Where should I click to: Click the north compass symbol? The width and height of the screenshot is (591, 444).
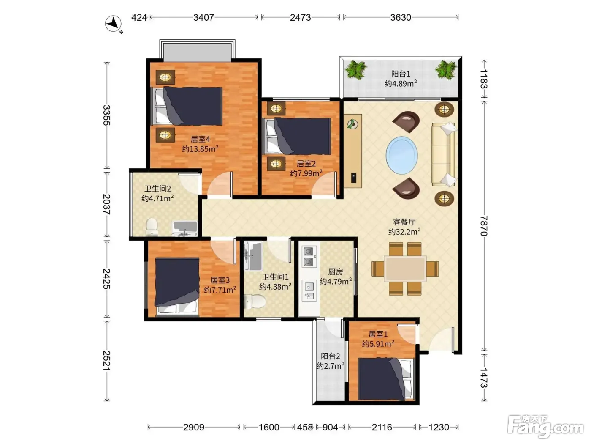pos(114,24)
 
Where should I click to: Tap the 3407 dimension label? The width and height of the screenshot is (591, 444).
pos(203,17)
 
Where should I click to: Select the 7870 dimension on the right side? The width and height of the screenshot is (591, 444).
pos(484,226)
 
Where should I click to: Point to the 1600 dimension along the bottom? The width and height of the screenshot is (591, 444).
pos(269,427)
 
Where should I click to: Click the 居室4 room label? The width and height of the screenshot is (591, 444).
pos(200,139)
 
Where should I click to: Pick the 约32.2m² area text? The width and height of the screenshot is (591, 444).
pos(404,232)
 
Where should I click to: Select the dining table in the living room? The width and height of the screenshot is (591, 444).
pos(405,269)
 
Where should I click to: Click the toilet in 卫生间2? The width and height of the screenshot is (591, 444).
pos(152,227)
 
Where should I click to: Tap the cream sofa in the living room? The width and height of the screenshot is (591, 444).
pos(443,155)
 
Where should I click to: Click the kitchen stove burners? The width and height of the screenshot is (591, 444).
pos(309,256)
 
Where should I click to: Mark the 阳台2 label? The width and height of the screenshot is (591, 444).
pos(330,356)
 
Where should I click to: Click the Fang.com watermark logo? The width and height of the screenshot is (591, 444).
pos(545,427)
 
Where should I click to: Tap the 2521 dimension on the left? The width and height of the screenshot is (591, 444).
pos(107,361)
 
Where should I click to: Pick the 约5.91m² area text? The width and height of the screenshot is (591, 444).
pos(378,344)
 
